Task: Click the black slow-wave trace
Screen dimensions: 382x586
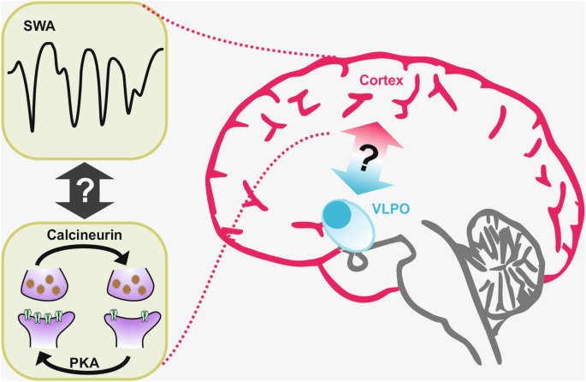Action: [86, 81]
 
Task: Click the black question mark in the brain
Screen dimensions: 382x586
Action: [369, 158]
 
